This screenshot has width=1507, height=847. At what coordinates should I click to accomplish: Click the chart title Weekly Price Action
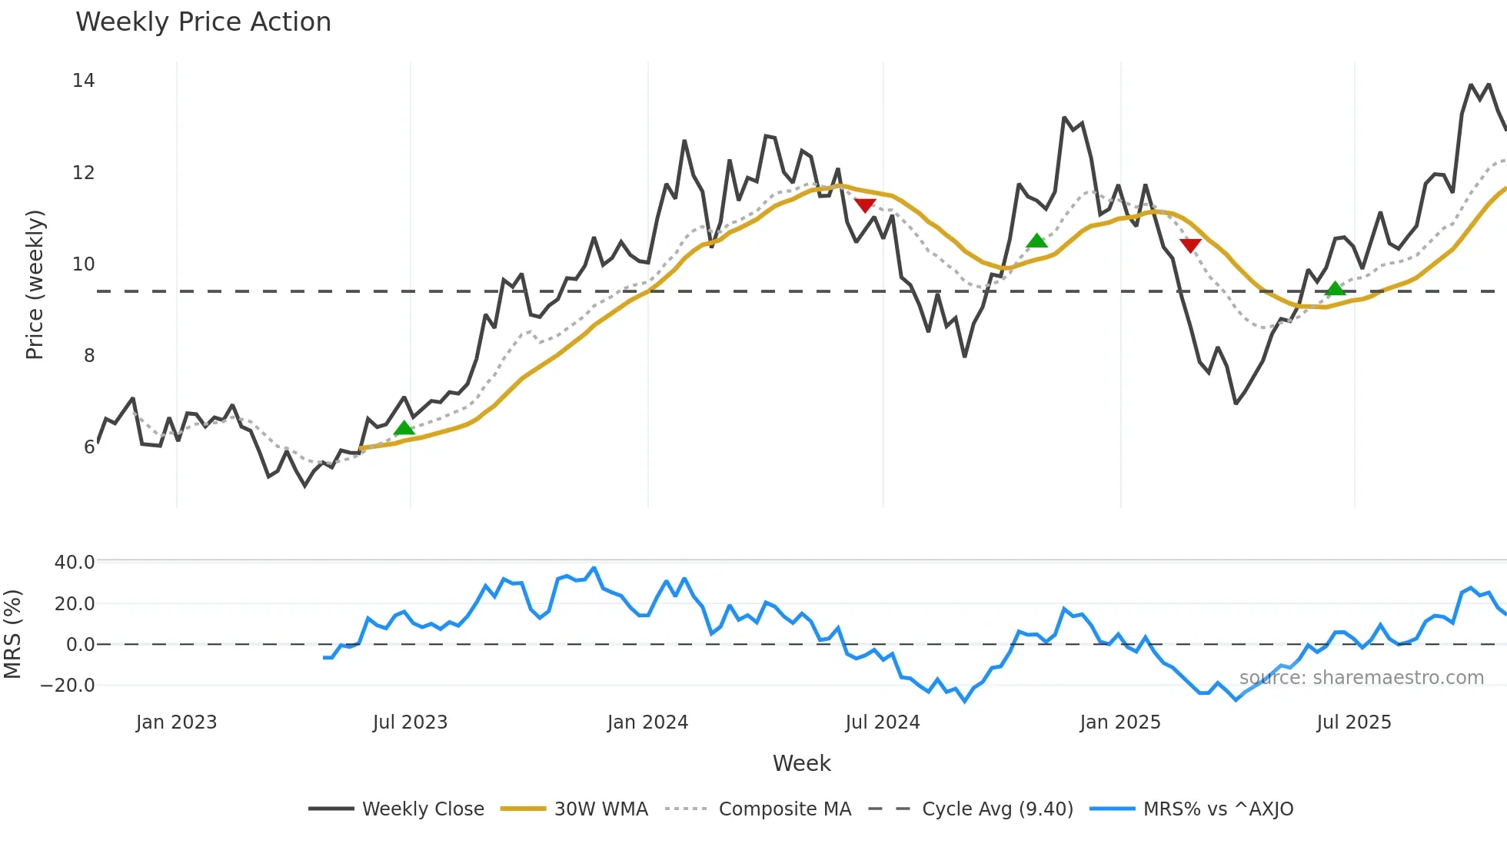coord(203,22)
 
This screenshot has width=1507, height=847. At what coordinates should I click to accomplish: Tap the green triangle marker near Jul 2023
coord(404,428)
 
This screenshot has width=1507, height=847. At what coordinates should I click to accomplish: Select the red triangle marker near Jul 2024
coord(865,205)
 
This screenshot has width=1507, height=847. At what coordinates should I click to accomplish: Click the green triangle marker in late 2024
coord(1036,241)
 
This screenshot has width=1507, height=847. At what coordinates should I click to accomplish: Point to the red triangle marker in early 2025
coord(1190,245)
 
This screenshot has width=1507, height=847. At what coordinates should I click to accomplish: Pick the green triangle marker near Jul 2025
coord(1336,288)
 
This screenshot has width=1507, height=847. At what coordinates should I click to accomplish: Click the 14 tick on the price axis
coord(83,81)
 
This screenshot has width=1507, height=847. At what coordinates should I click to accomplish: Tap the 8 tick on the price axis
coord(89,355)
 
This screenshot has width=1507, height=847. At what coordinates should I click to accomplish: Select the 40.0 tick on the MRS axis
coord(75,563)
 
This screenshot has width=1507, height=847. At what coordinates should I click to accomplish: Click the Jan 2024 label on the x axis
coord(647,722)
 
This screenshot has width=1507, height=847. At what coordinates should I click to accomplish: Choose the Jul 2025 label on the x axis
coord(1353,722)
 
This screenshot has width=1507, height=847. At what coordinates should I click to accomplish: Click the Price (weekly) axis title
coord(35,284)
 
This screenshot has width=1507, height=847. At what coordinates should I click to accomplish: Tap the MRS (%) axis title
coord(12,634)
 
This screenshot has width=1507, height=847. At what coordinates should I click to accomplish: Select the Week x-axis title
coord(801,763)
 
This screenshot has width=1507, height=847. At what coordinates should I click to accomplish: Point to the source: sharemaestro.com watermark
coord(1361,678)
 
